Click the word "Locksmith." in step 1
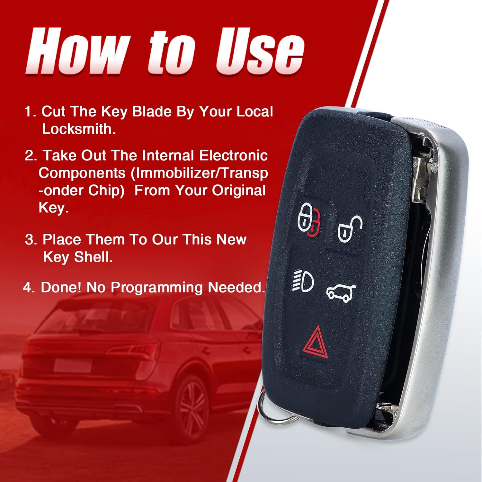79,129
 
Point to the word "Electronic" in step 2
233,156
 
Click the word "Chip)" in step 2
106,191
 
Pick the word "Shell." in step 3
94,257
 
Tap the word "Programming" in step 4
157,287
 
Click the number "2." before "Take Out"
31,156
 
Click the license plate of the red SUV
73,365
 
